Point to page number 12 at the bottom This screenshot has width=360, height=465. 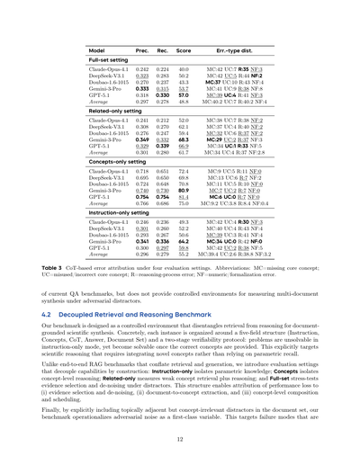[180, 439]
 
